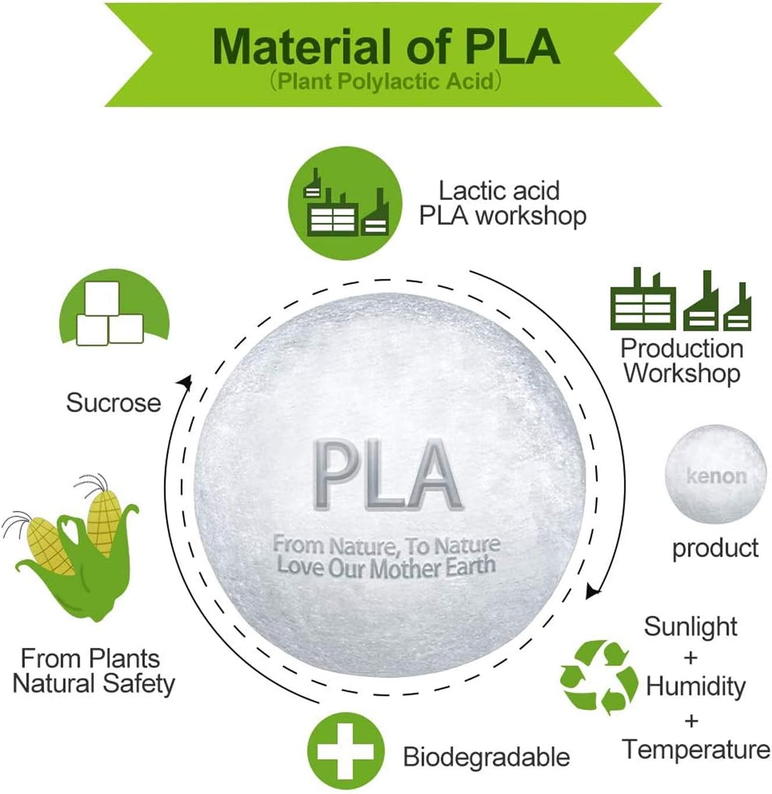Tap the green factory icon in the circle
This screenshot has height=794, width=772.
click(x=345, y=203)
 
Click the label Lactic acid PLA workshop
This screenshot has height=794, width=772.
click(x=503, y=203)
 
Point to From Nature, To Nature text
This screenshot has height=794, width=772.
click(x=386, y=545)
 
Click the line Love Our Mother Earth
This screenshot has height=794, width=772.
click(x=386, y=567)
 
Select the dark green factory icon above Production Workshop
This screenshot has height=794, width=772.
click(x=681, y=299)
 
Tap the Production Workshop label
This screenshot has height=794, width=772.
click(x=682, y=361)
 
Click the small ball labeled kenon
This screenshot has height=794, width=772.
click(x=715, y=477)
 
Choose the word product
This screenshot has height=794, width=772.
click(x=715, y=548)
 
